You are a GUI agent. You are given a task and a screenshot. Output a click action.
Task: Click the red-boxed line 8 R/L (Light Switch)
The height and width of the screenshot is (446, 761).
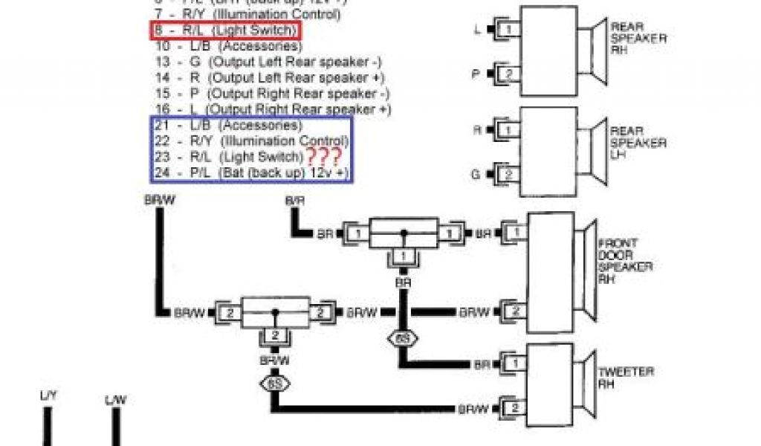tap(227, 30)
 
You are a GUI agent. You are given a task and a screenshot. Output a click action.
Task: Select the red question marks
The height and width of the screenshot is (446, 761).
tap(323, 157)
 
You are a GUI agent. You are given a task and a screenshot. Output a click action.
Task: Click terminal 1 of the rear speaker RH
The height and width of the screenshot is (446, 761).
tap(509, 29)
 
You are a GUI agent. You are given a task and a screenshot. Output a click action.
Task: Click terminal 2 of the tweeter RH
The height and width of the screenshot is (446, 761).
tap(512, 407)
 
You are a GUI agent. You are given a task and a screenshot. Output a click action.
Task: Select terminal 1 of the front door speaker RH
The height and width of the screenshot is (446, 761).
tap(512, 233)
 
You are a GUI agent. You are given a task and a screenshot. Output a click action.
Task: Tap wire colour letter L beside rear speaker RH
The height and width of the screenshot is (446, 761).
tap(477, 30)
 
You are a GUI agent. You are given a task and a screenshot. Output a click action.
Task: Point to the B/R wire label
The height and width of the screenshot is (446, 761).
tap(294, 201)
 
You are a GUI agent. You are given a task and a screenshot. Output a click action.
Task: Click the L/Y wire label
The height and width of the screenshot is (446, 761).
tap(48, 398)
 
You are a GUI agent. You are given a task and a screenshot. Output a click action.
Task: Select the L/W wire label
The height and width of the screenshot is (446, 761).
tap(115, 401)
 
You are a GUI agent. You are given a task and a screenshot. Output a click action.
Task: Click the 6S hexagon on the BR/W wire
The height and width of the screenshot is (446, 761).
tap(273, 385)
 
